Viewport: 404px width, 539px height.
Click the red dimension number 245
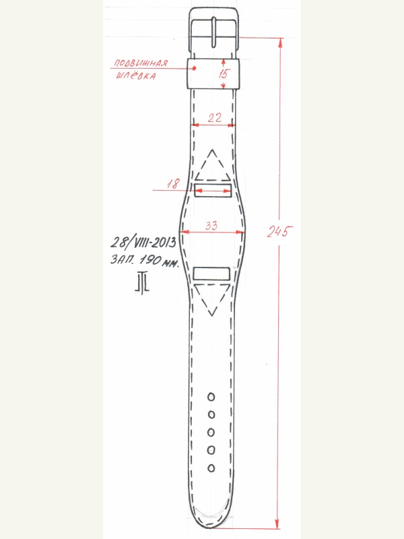(279, 231)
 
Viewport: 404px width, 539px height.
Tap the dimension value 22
(215, 118)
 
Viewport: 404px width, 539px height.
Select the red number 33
(211, 226)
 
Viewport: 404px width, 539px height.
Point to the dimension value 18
(174, 183)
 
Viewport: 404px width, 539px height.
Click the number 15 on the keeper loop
(224, 74)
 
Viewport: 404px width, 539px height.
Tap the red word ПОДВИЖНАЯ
(141, 63)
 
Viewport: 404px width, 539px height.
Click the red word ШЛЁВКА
(136, 75)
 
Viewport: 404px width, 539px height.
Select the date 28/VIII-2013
(143, 242)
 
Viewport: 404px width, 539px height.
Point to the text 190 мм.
(159, 261)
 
